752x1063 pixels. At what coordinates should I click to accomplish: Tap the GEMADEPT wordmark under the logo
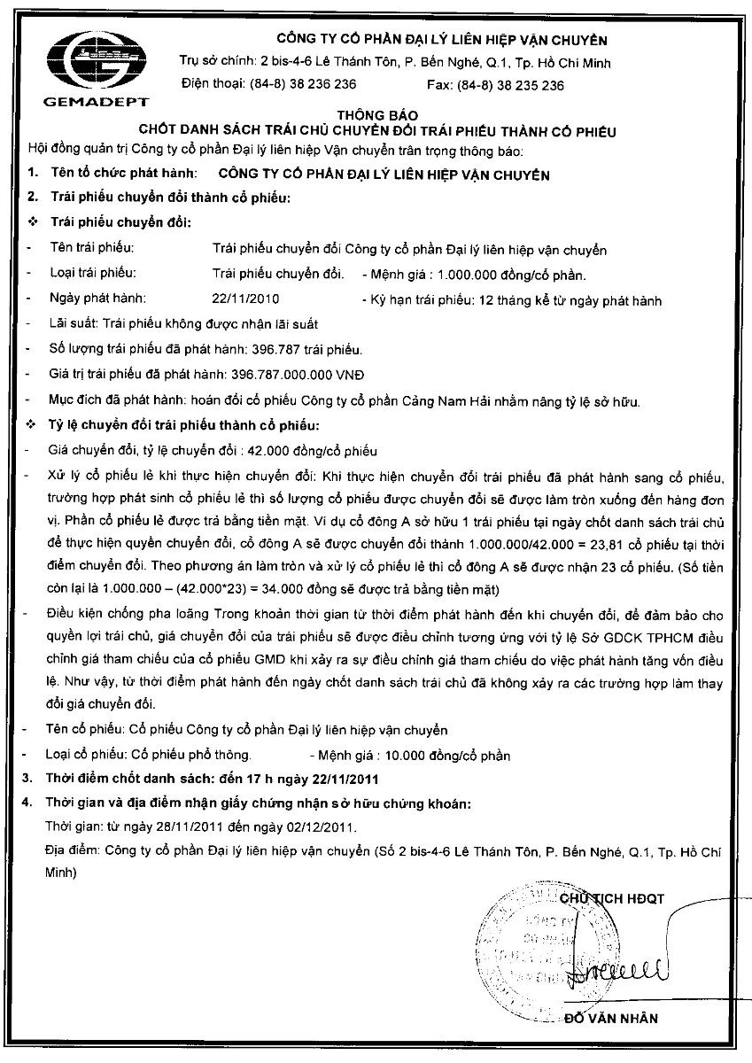96,103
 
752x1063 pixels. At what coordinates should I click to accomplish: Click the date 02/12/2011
319,827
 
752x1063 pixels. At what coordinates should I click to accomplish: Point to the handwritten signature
620,969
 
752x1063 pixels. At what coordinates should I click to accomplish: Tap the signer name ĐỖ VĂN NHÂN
611,1018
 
